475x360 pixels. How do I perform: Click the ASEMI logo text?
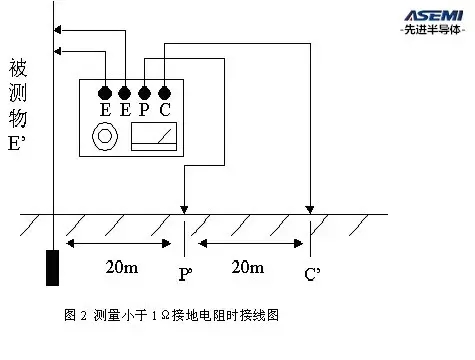pyautogui.click(x=434, y=16)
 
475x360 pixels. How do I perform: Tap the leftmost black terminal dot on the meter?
pyautogui.click(x=105, y=93)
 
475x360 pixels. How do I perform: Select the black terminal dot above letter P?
pyautogui.click(x=144, y=93)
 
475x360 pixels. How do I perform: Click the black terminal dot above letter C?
pyautogui.click(x=164, y=93)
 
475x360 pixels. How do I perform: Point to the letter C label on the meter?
pyautogui.click(x=165, y=110)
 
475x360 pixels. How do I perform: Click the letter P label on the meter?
pyautogui.click(x=144, y=110)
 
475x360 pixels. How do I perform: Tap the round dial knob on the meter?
pyautogui.click(x=105, y=136)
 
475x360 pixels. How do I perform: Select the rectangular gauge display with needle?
pyautogui.click(x=154, y=137)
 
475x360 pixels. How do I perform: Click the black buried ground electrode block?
pyautogui.click(x=52, y=268)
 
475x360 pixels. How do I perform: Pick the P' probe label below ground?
pyautogui.click(x=185, y=274)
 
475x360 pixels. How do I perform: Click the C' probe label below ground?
pyautogui.click(x=312, y=274)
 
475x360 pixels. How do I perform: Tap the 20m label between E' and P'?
pyautogui.click(x=122, y=267)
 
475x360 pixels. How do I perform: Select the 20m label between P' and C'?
pyautogui.click(x=248, y=267)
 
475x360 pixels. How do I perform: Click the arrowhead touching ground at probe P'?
pyautogui.click(x=184, y=210)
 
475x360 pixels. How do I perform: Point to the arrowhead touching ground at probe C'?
pyautogui.click(x=310, y=210)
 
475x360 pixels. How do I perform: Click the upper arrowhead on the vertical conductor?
pyautogui.click(x=57, y=30)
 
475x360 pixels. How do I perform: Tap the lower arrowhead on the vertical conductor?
pyautogui.click(x=57, y=51)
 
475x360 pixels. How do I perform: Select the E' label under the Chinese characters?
pyautogui.click(x=17, y=144)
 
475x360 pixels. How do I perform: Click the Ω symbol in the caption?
pyautogui.click(x=165, y=315)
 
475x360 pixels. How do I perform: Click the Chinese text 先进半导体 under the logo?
pyautogui.click(x=432, y=30)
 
